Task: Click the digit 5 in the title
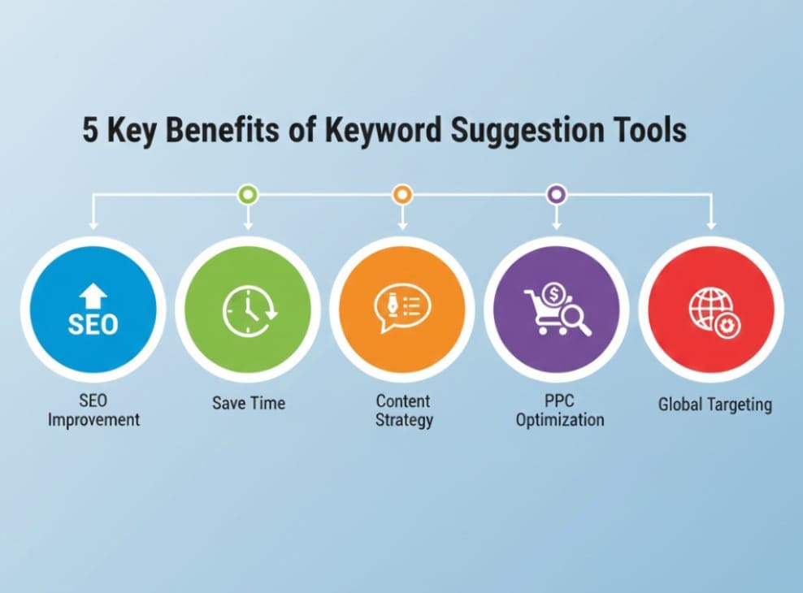(x=90, y=129)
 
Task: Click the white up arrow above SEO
(x=93, y=296)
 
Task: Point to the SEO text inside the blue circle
(x=93, y=324)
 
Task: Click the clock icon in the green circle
(x=250, y=310)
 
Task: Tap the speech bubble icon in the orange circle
(x=402, y=308)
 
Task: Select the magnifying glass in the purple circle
(x=575, y=319)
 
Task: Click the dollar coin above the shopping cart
(x=553, y=294)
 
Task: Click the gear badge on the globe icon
(x=726, y=326)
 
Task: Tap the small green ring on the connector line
(x=249, y=194)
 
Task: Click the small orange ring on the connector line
(x=402, y=194)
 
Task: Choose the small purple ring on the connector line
(x=557, y=194)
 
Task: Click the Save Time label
(x=249, y=403)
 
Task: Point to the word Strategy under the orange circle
(x=404, y=420)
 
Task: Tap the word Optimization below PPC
(x=560, y=420)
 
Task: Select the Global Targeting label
(x=715, y=405)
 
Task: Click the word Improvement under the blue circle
(x=93, y=419)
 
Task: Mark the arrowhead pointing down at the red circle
(x=711, y=225)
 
